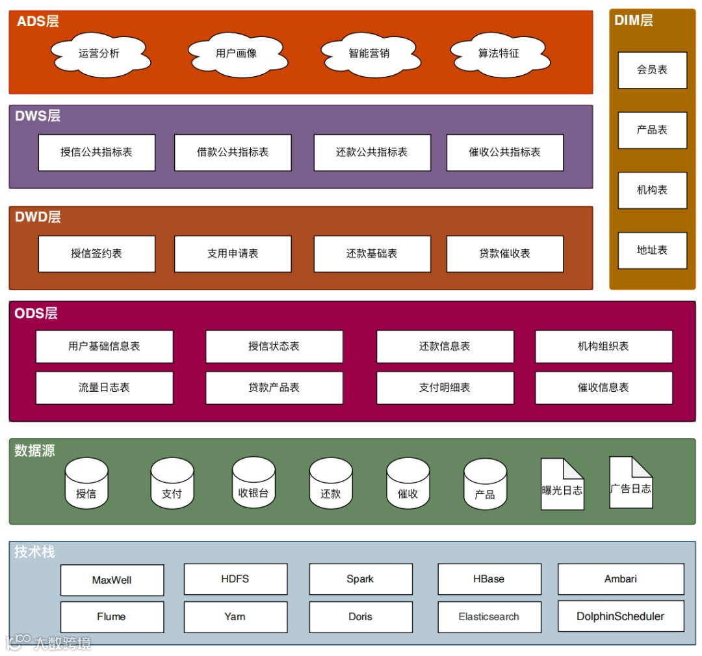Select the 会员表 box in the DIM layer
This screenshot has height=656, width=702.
652,70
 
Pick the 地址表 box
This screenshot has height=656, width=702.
652,251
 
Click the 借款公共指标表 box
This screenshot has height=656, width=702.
233,152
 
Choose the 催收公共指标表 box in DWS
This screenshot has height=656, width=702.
504,152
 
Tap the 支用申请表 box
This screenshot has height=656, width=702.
233,254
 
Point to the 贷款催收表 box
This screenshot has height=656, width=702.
504,254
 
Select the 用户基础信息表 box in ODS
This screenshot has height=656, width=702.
104,346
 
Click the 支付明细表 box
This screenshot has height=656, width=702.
445,388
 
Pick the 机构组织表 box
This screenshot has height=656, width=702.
603,346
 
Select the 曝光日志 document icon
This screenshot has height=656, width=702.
562,485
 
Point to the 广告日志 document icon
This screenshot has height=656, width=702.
630,483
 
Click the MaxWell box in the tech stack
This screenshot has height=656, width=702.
112,580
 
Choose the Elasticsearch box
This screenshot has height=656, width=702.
489,617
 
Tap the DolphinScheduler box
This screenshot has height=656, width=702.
621,616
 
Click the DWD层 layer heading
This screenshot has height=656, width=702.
38,217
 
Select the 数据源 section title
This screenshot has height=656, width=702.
34,450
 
